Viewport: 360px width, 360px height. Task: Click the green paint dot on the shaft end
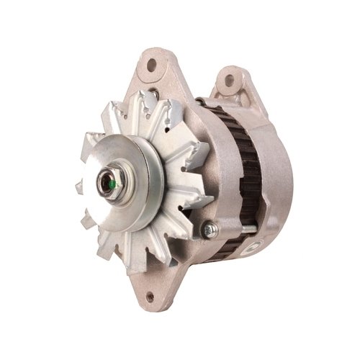point(112,185)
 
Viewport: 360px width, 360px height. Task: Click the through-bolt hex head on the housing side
point(210,229)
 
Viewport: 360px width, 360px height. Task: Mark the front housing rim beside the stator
point(205,144)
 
